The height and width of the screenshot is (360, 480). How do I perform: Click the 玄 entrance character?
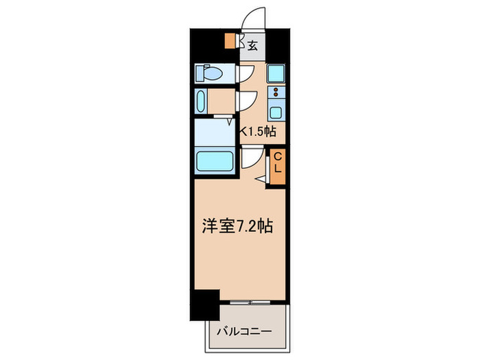pos(252,47)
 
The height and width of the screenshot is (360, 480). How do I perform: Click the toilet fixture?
pos(207,72)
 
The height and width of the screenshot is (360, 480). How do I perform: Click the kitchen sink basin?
pos(276,112)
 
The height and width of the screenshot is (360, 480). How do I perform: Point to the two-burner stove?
pos(276,93)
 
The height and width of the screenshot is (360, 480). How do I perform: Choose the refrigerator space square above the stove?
pos(276,73)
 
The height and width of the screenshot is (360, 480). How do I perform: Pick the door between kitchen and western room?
pos(251,160)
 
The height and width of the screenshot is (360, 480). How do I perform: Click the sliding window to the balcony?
pos(250,302)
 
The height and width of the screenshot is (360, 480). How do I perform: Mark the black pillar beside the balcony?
pos(204,302)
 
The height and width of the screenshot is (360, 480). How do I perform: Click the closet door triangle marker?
pos(263,179)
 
